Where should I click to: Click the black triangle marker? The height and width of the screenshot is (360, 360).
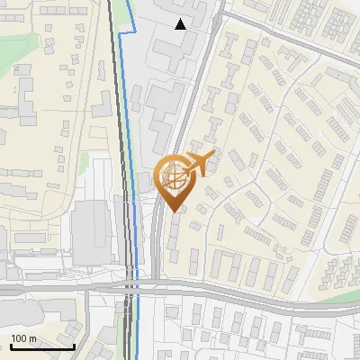point(181,24)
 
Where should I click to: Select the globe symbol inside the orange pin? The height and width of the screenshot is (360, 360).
point(173,175)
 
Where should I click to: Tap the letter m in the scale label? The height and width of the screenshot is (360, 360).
point(33,338)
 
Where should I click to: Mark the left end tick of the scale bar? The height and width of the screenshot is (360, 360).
point(11,346)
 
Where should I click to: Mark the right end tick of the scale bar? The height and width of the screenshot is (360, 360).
point(75,346)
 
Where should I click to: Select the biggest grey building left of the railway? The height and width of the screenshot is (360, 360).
point(90,232)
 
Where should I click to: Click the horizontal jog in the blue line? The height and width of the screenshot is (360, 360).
point(128,31)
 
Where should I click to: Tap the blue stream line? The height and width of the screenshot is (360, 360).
point(131,135)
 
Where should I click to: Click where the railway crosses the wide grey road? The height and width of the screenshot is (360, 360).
point(127,287)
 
